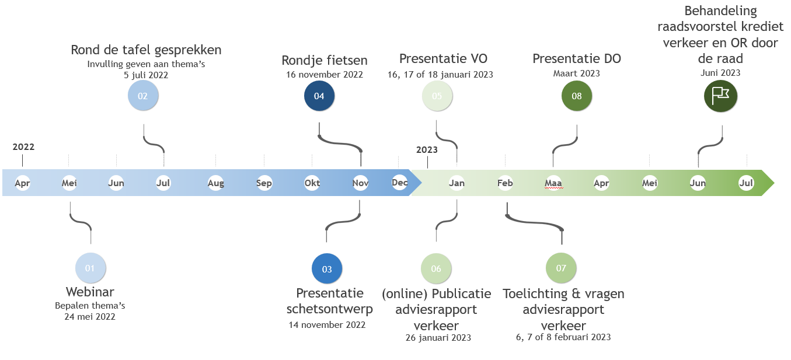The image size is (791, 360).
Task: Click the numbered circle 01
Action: point(90,268)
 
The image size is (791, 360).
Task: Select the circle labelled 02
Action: point(142,96)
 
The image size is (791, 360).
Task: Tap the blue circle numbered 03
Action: point(327,269)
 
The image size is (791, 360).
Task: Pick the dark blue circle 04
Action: point(319,96)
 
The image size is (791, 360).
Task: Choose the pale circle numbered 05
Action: point(437,96)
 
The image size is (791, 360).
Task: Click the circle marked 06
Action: point(436,268)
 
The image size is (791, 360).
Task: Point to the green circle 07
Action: point(561,268)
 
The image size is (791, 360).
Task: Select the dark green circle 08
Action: point(577,96)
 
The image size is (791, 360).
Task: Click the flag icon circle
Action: point(721,96)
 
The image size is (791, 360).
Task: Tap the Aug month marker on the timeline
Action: point(215,183)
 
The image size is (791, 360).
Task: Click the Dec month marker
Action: point(400,183)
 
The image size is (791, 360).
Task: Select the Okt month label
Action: point(312,183)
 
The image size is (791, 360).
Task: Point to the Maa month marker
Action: point(553,183)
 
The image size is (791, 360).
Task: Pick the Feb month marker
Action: point(505,183)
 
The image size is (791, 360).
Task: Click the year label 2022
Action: point(23,147)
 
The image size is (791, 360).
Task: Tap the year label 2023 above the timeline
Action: point(427,150)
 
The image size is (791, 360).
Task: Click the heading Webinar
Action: point(90,292)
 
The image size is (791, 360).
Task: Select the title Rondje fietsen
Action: point(325,60)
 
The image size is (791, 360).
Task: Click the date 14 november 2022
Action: point(327,324)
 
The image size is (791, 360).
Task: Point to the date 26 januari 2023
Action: point(438,337)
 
